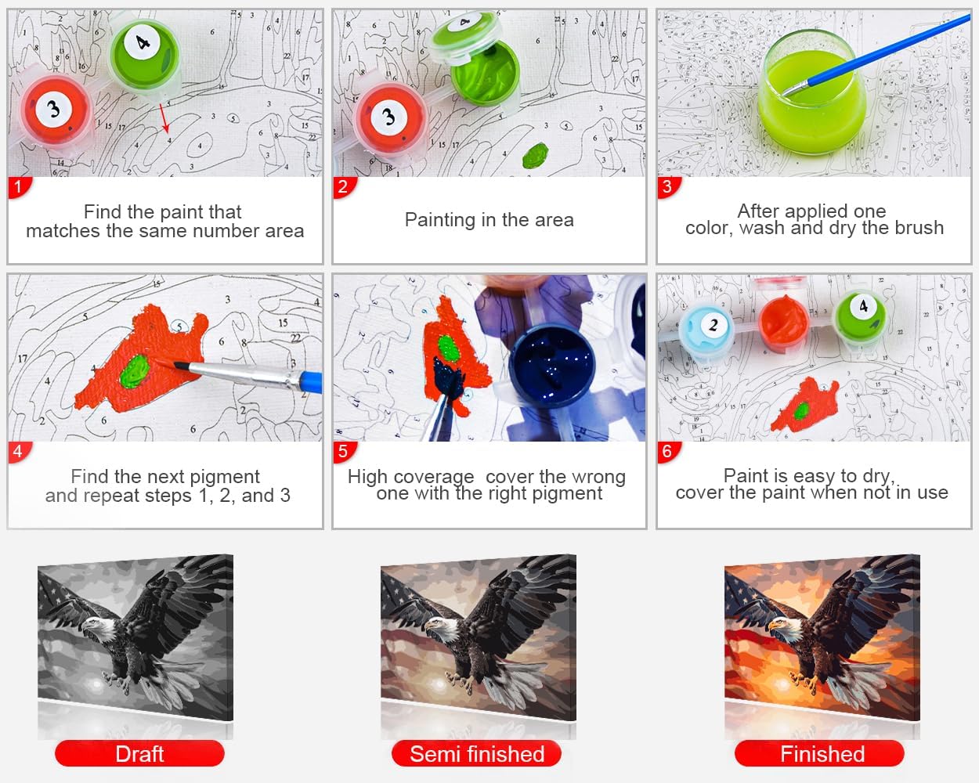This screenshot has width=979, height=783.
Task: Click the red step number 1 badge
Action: point(19,187)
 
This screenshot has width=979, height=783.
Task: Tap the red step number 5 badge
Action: point(344,452)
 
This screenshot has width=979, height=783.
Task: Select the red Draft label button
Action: point(139,754)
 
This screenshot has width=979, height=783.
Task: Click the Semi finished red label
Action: point(477,754)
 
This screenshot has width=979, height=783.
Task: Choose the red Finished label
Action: point(820,754)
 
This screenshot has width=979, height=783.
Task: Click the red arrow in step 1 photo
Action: point(164,118)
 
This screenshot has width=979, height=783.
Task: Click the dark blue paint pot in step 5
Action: point(551,364)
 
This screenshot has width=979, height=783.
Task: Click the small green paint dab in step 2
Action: point(535,155)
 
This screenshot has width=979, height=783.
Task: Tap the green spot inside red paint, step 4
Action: point(135,372)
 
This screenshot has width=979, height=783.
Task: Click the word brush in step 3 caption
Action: point(919,228)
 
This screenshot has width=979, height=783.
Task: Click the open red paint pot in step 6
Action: point(783,322)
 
